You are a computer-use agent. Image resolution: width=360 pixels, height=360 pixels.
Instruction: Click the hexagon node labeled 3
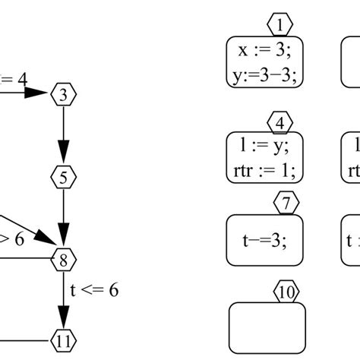pyautogui.click(x=64, y=94)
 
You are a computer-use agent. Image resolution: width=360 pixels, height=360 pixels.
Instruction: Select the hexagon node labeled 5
pyautogui.click(x=64, y=178)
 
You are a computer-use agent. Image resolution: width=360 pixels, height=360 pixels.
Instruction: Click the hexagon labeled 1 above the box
pyautogui.click(x=280, y=26)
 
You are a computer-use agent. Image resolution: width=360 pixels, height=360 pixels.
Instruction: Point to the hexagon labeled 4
pyautogui.click(x=280, y=122)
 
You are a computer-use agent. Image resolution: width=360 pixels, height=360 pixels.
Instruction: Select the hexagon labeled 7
pyautogui.click(x=286, y=203)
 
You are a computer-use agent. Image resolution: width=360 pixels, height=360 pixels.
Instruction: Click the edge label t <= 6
pyautogui.click(x=94, y=290)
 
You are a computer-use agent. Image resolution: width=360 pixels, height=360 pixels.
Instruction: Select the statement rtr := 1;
pyautogui.click(x=265, y=170)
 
